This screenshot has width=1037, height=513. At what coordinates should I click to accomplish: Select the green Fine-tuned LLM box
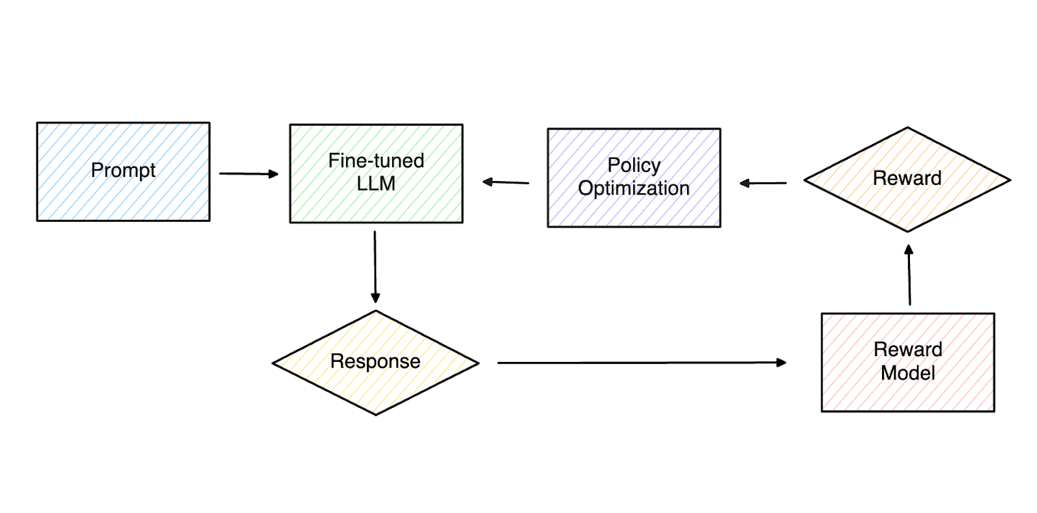click(x=376, y=201)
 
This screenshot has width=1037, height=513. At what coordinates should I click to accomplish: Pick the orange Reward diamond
click(x=907, y=201)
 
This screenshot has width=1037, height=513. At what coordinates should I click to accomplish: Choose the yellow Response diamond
click(x=375, y=389)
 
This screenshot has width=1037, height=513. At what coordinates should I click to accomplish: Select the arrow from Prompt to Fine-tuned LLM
click(x=248, y=173)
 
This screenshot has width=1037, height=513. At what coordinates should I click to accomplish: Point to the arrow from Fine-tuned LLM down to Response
click(x=375, y=266)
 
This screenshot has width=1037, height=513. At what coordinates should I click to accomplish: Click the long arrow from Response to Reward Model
click(x=642, y=363)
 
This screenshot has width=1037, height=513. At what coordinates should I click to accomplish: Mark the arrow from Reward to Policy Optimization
click(x=763, y=183)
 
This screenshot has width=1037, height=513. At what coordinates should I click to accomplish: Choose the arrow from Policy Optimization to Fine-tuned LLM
click(x=506, y=182)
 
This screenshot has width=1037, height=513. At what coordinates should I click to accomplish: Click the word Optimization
click(x=634, y=188)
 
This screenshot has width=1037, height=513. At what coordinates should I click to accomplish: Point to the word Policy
click(x=634, y=165)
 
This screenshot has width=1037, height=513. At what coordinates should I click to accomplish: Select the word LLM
click(x=376, y=184)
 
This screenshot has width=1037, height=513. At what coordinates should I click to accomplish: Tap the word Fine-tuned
click(x=376, y=160)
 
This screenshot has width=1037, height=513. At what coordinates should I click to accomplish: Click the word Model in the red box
click(x=907, y=373)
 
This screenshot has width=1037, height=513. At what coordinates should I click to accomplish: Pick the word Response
click(x=375, y=361)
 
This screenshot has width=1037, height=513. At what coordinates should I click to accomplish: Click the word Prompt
click(x=123, y=170)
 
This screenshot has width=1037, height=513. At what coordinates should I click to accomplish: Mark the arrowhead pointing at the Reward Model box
click(x=782, y=363)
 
